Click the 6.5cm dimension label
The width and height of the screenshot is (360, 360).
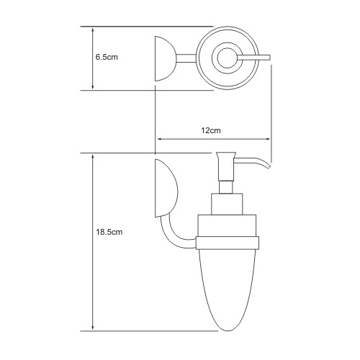pos(107,58)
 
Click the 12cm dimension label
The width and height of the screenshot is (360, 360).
pos(211,130)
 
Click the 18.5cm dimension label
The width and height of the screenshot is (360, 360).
pos(109,232)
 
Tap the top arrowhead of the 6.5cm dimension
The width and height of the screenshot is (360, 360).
pos(93,30)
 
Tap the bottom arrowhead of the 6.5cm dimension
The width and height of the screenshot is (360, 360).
pos(93,87)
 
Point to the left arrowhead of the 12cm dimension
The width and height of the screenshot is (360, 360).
pos(159,139)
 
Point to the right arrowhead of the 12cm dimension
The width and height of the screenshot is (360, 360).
pos(267,139)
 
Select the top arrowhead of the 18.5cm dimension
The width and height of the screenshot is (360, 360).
pos(93,157)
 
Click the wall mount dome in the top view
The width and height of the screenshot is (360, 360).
pos(165,58)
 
